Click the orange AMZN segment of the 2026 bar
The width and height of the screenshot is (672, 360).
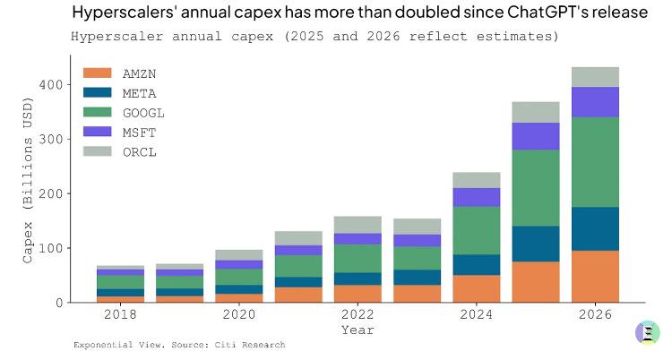click(595, 276)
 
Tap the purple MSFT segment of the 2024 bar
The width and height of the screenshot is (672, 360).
click(477, 197)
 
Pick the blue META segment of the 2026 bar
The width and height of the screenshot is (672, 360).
click(595, 228)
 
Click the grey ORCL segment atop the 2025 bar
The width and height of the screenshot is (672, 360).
click(536, 112)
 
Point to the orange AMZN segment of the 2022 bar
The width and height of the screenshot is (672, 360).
click(358, 293)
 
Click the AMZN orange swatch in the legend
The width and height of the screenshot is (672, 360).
click(97, 73)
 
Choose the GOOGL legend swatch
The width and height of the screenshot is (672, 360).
click(97, 112)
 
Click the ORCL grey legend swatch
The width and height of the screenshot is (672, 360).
click(97, 151)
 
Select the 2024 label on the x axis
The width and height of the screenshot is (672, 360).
click(477, 315)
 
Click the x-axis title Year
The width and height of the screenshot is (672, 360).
click(358, 330)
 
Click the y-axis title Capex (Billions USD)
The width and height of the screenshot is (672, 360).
click(28, 192)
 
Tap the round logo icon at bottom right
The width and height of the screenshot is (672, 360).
click(647, 332)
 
